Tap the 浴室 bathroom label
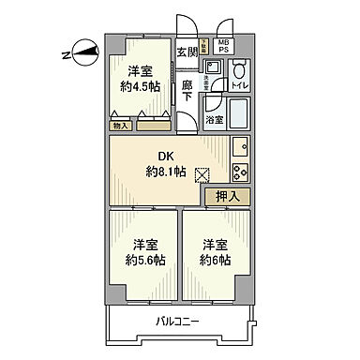(215, 119)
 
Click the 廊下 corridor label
(187, 92)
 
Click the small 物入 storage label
(120, 125)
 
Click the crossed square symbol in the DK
(201, 173)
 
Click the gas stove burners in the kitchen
(239, 172)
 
